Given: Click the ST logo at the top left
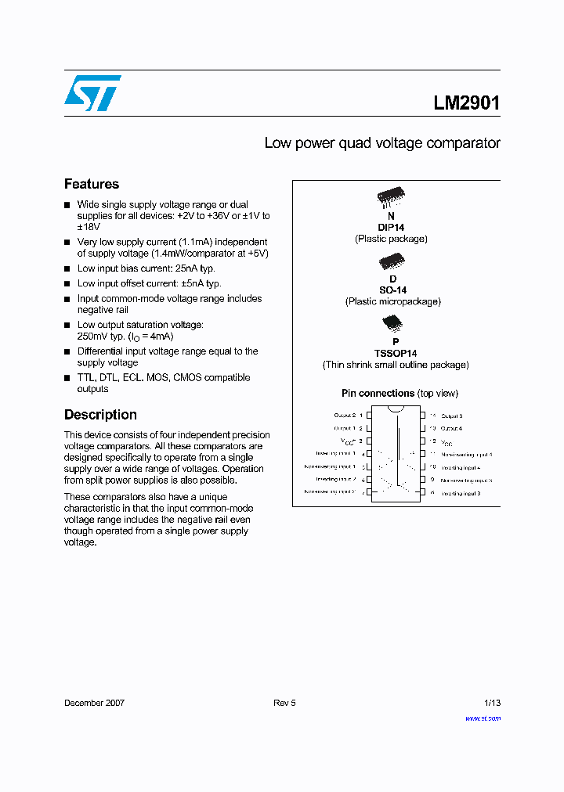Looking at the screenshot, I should [x=92, y=93].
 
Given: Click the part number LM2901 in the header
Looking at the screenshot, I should [x=466, y=103].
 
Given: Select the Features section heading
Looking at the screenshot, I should [x=92, y=184].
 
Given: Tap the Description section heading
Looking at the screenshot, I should [x=100, y=415].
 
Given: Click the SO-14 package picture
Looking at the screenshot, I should [x=391, y=262].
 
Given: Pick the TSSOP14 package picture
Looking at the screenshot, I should [x=392, y=323].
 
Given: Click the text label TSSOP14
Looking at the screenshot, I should [x=396, y=353].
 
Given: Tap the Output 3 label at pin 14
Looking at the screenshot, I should [x=452, y=416].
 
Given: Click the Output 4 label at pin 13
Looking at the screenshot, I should [x=452, y=429].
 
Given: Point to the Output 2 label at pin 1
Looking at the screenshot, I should [x=345, y=416].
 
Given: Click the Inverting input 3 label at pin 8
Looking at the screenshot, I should [x=461, y=493].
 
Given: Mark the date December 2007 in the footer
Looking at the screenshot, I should [x=94, y=703].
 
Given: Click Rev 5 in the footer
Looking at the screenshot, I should [x=284, y=703].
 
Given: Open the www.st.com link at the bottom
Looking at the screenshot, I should [x=483, y=718].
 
